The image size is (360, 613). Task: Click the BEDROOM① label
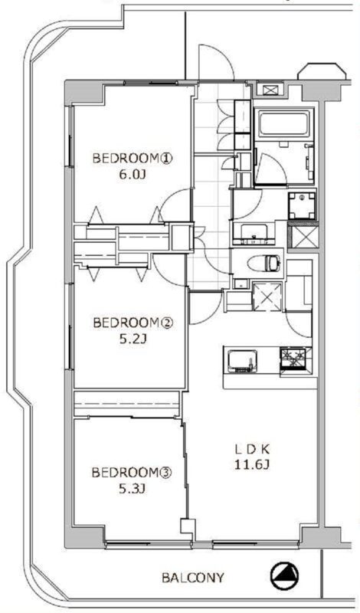132,159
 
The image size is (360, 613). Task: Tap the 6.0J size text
132,175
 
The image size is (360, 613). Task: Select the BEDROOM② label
132,323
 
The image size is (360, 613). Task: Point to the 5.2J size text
132,339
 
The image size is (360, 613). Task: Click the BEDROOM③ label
132,473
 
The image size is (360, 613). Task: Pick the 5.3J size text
132,489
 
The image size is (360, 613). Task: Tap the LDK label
252,449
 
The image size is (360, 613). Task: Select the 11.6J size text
252,465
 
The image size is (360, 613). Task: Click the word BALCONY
193,578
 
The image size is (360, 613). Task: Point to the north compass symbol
284,577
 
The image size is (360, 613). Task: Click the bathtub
283,124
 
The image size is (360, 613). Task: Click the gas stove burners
296,358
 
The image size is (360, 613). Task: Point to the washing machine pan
302,206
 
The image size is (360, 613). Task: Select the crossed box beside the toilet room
267,297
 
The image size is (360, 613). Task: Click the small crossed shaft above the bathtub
270,90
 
